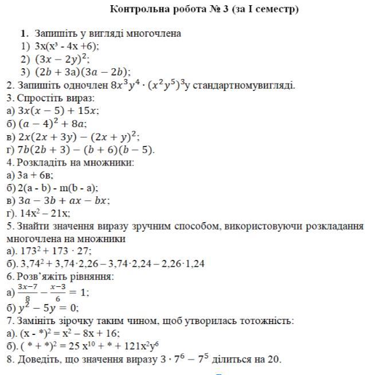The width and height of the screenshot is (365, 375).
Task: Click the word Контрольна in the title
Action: coord(135,9)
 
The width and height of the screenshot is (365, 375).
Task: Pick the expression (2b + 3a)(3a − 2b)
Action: coord(82,72)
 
